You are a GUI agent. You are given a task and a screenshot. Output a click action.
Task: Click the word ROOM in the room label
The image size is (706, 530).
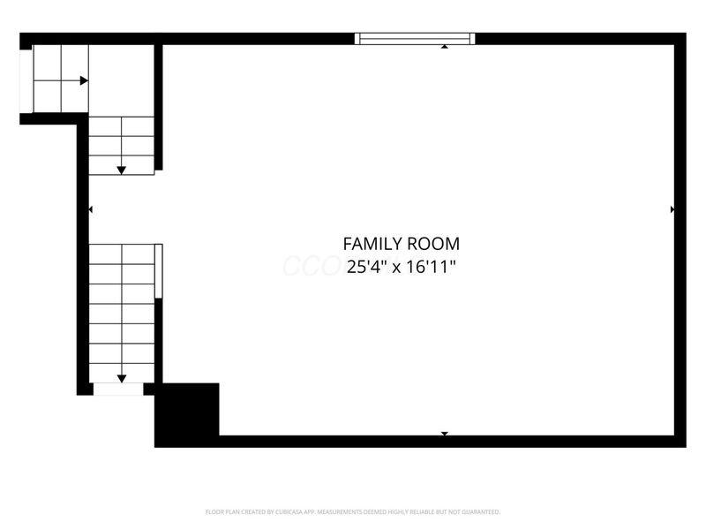point(432,244)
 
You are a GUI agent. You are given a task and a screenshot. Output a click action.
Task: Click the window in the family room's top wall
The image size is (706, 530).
point(415,38)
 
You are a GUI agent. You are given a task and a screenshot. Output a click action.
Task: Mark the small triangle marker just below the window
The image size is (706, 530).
point(444,46)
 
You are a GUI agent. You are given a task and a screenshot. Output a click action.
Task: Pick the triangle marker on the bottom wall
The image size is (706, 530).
point(444,433)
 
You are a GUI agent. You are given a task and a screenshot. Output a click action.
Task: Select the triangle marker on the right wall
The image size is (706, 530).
point(672,209)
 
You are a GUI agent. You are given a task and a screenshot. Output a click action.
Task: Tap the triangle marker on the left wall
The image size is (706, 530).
point(90,209)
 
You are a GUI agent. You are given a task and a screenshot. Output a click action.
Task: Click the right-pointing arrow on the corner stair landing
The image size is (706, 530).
point(83,80)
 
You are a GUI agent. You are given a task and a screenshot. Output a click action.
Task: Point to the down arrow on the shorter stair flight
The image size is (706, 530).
point(122,169)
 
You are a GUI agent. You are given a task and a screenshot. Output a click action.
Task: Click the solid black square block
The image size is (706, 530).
point(187,413)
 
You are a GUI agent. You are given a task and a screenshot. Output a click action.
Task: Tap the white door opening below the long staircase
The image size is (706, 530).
point(117,388)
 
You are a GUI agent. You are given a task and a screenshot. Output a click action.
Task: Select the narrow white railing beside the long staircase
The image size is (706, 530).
point(159,271)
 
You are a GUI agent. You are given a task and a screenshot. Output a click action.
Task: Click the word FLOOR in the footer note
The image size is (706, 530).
point(213,512)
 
